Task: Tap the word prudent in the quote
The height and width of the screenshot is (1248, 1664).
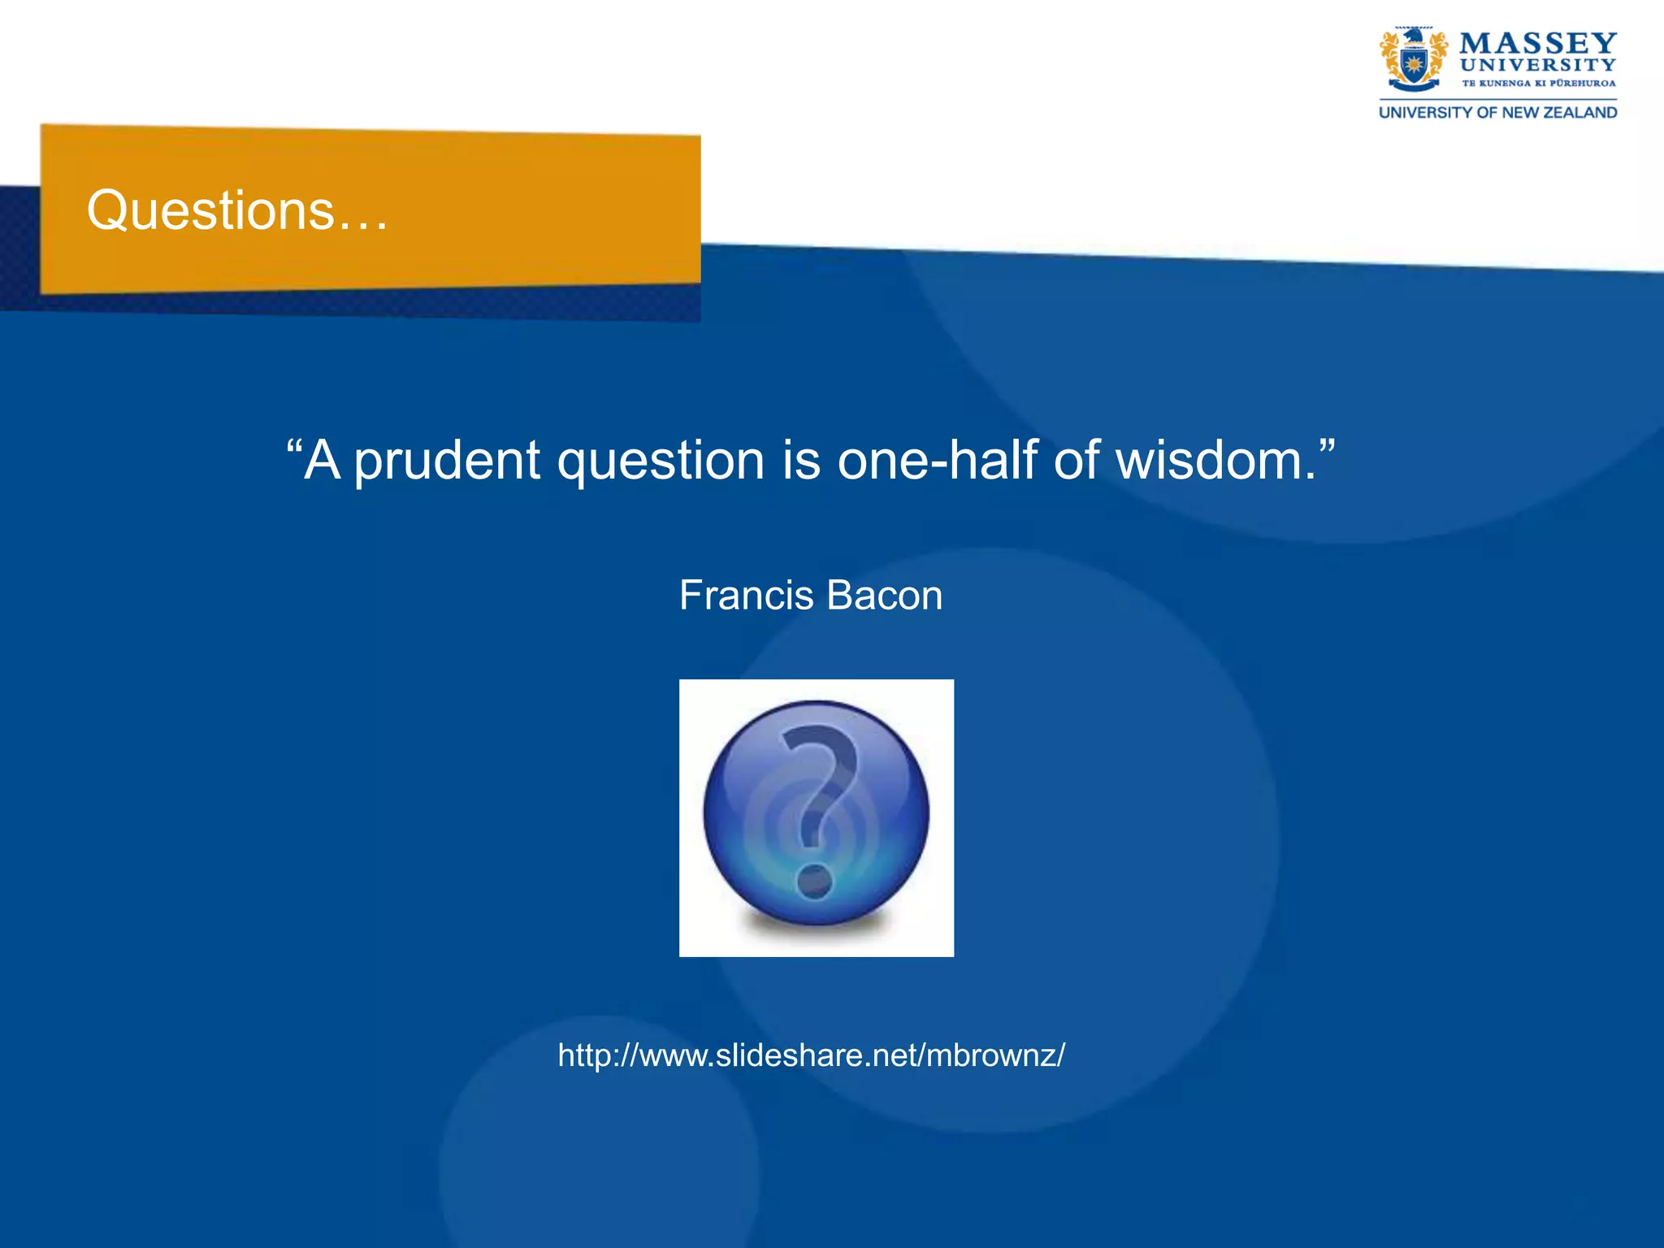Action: pos(447,461)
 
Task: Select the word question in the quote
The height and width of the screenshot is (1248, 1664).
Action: pos(661,461)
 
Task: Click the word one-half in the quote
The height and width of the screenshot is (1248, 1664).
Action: pos(937,461)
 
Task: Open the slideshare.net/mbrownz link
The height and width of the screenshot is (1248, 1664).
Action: pos(811,1055)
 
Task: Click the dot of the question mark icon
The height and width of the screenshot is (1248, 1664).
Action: pos(814,881)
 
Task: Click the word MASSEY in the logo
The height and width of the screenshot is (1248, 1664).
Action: pos(1537,43)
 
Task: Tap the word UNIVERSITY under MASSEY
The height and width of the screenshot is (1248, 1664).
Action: pos(1537,65)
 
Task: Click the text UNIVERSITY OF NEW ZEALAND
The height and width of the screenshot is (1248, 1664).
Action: pos(1497,113)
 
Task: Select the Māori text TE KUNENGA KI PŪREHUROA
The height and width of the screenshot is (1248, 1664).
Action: pos(1538,83)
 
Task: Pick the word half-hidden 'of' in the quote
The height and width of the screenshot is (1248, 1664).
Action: pos(1076,461)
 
